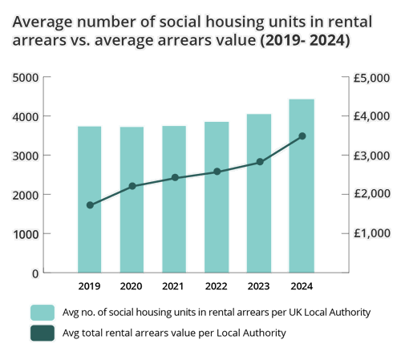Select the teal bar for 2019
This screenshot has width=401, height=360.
[90, 200]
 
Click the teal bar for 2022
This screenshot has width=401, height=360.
[217, 197]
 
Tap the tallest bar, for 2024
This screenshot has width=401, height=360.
[302, 186]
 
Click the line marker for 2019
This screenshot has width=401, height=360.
[90, 205]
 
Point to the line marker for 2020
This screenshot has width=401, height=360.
[132, 186]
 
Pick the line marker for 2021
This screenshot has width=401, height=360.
[175, 177]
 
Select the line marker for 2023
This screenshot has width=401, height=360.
[260, 162]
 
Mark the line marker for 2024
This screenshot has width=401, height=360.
[302, 136]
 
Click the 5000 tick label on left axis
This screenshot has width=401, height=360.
[26, 78]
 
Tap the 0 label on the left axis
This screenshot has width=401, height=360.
[35, 273]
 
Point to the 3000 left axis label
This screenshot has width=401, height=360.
[26, 156]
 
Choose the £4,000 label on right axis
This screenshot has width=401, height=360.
[371, 116]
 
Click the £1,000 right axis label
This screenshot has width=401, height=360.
[371, 233]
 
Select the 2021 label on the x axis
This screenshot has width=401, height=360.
[172, 286]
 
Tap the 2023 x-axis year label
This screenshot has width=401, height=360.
[258, 286]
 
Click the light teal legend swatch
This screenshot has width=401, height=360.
[43, 313]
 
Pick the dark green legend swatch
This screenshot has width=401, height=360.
[43, 333]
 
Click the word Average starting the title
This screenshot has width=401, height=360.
[43, 22]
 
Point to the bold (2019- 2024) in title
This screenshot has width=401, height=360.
[305, 41]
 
